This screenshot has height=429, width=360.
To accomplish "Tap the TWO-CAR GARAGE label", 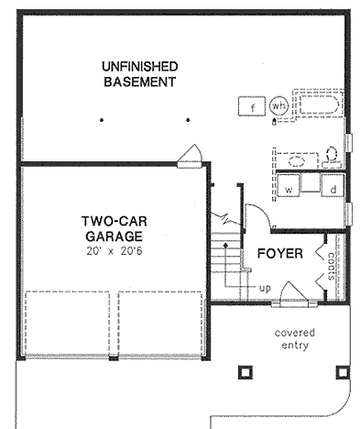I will coord(110,228).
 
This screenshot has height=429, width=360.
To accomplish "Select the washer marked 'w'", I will coord(289,188).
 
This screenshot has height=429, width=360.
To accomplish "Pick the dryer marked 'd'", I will coord(333,188).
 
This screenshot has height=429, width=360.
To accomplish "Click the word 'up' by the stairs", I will coord(265,289).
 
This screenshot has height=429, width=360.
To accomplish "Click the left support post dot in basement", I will coord(104,119).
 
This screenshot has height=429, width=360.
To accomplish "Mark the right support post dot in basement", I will coord(187,119).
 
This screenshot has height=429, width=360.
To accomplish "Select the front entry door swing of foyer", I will coord(293,294).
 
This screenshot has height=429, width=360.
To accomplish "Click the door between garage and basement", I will coord(191,155).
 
